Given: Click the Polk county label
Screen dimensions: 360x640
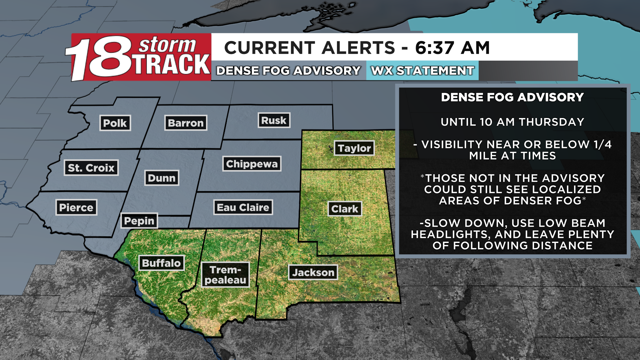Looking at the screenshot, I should click(115, 123).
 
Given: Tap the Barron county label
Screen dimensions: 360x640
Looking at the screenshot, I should click(186, 123).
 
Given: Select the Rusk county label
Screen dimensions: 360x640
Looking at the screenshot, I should click(274, 120).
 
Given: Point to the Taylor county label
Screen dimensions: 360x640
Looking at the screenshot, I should click(354, 148).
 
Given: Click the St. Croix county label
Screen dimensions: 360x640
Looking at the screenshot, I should click(91, 168).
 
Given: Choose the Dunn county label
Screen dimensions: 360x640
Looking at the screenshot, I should click(162, 178).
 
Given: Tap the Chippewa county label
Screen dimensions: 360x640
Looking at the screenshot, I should click(252, 164).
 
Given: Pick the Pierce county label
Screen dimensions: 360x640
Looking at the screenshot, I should click(76, 207).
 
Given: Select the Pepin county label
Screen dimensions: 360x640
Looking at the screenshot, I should click(139, 221).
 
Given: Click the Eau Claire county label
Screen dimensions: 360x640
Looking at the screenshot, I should click(243, 207).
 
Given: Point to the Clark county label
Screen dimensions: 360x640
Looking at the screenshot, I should click(345, 209).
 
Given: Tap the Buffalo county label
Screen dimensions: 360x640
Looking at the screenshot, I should click(161, 263).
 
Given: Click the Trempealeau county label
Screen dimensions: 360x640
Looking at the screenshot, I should click(225, 275).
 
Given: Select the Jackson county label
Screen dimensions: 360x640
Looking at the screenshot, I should click(313, 272).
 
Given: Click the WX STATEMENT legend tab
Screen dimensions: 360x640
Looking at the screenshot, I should click(422, 71).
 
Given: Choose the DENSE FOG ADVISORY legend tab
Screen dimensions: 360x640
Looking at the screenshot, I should click(288, 71).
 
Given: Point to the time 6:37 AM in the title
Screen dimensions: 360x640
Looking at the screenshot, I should click(452, 48).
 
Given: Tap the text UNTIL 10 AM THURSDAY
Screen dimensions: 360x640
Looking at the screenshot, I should click(512, 122).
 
